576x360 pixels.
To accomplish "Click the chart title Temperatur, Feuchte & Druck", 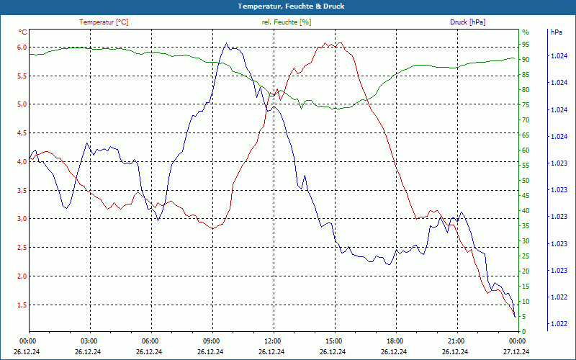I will [x=288, y=6].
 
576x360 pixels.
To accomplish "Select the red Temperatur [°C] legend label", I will [x=104, y=22].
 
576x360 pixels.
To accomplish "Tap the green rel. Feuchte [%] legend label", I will [x=287, y=22].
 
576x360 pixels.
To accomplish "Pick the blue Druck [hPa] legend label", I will [x=467, y=22].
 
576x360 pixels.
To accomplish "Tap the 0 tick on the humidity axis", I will [x=524, y=331].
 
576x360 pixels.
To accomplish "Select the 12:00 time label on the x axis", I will [x=273, y=341].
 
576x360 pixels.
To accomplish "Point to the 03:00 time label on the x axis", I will [x=89, y=341].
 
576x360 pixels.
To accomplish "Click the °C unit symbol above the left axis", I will [x=23, y=32].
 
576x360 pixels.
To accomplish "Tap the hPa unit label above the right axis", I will [x=557, y=32].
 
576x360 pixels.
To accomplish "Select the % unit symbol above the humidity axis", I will [x=526, y=32].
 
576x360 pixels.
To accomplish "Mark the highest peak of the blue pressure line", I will [x=226, y=42].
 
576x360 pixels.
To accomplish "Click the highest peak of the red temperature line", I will [x=333, y=42].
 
